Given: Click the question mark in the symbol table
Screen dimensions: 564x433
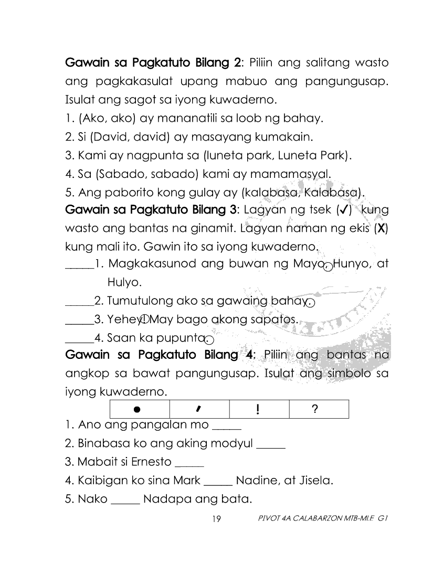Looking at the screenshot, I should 314,409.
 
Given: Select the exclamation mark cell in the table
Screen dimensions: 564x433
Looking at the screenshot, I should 259,409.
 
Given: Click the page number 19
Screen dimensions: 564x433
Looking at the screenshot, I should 216,519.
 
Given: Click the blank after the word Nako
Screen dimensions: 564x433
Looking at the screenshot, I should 126,502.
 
